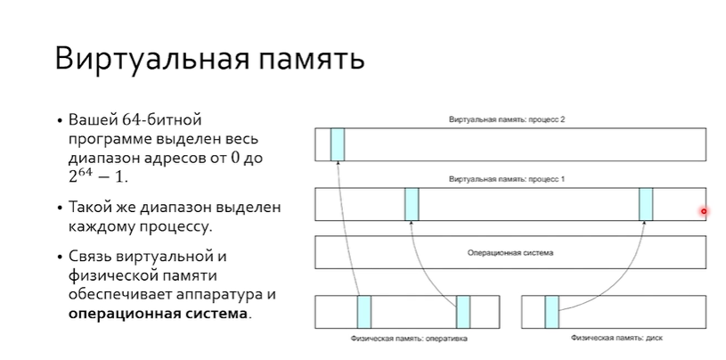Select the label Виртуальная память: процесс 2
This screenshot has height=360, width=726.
[x=508, y=119]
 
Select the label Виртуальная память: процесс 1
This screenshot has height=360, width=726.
[x=508, y=180]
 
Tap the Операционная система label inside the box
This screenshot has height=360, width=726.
[x=510, y=253]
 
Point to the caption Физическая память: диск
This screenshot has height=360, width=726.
[x=612, y=339]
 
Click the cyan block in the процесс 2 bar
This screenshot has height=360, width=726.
[x=338, y=144]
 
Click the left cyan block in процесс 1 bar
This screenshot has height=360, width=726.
[x=412, y=204]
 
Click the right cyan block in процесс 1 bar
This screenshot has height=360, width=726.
[x=647, y=204]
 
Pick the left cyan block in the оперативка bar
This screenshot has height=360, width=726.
[x=364, y=312]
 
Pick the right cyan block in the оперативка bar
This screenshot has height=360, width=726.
[x=463, y=312]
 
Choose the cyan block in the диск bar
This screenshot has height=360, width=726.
[x=552, y=312]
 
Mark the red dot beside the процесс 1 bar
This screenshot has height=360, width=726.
[x=704, y=211]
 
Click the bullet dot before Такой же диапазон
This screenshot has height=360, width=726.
[x=60, y=207]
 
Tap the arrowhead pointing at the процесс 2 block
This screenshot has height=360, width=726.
[x=339, y=166]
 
